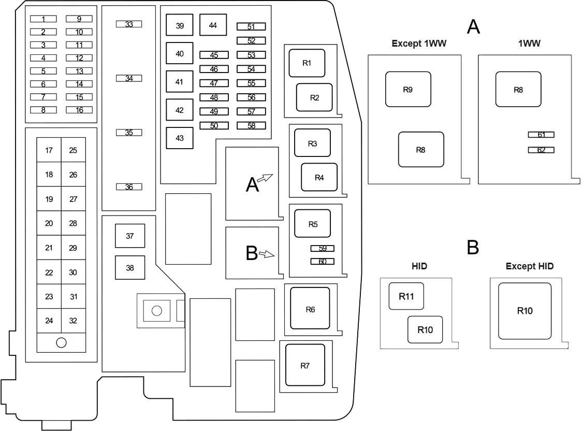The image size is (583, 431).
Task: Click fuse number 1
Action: point(43,19)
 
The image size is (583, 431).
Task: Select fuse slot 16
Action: point(79,110)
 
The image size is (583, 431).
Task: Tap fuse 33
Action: point(129,24)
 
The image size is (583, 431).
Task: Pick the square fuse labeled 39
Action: point(180,25)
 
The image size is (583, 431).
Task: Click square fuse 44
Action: point(213,25)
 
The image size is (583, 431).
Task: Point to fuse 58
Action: point(251,126)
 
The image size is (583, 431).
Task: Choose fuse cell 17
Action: point(49,150)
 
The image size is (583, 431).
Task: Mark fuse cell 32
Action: point(73,321)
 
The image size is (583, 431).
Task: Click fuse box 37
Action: point(130,236)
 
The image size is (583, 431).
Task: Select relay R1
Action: point(307,63)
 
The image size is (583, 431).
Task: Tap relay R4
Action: point(319,177)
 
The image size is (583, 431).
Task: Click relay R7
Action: point(305,365)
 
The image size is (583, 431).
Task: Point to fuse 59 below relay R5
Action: point(323,249)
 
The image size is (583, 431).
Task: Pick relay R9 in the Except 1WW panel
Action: point(408,89)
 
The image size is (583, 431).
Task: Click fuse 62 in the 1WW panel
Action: point(541,150)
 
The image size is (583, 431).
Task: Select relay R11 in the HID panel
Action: point(406,296)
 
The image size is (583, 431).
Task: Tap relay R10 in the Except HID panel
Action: point(524,311)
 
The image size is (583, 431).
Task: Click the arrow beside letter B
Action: point(267,254)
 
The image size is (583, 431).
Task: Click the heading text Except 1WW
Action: point(419,44)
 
